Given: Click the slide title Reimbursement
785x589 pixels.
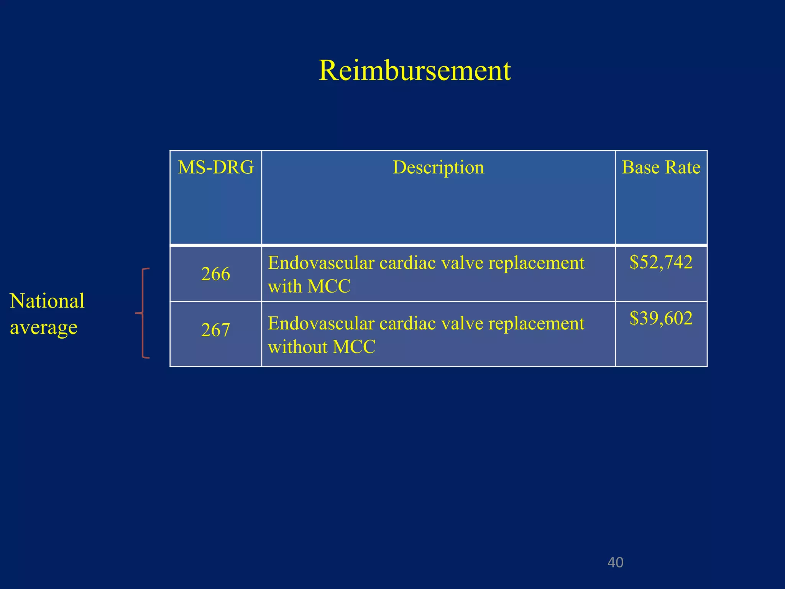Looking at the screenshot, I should point(414,71).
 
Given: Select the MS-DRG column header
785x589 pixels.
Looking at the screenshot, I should point(215,167).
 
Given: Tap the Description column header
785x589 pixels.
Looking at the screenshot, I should point(438,167).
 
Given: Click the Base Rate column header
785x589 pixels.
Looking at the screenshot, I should point(661,167).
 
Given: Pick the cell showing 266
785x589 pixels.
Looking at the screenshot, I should point(215,274).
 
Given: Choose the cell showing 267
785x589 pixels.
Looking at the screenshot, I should point(215,330).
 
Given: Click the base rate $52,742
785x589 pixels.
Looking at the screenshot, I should point(661,262).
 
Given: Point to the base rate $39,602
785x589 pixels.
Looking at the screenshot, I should point(661,318).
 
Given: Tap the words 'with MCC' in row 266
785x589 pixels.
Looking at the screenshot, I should point(309,286).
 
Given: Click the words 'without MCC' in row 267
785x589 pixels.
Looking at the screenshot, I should point(322,347).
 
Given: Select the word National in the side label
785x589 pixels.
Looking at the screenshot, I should point(47,301).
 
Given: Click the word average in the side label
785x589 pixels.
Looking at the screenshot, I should point(44,327).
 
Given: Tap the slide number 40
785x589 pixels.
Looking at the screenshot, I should point(615,563).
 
